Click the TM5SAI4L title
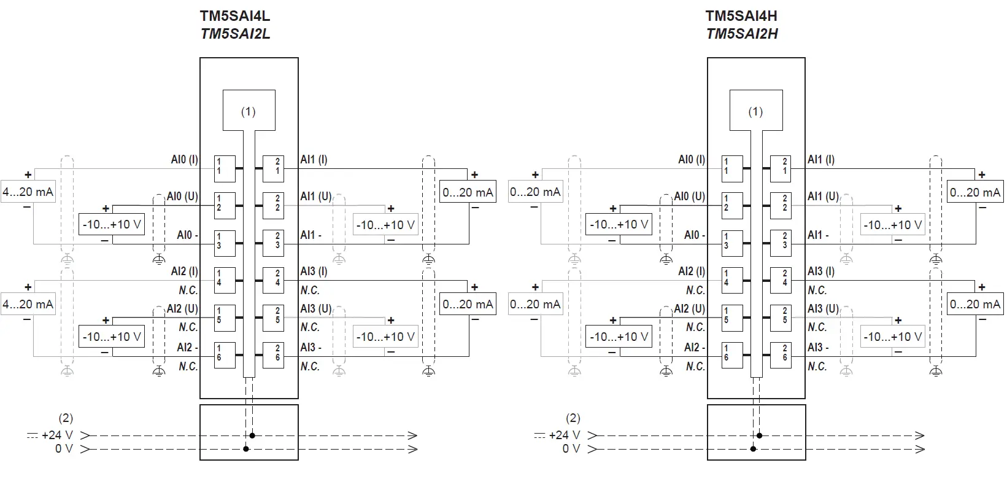pyautogui.click(x=235, y=16)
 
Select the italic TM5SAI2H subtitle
pyautogui.click(x=742, y=34)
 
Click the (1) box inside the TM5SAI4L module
pyautogui.click(x=248, y=111)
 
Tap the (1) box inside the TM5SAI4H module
pyautogui.click(x=755, y=111)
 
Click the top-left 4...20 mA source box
pyautogui.click(x=28, y=192)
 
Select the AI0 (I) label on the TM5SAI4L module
pyautogui.click(x=184, y=160)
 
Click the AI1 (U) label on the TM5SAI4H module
pyautogui.click(x=823, y=197)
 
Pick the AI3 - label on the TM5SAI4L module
pyautogui.click(x=311, y=348)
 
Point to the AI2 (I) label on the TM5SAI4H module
pyautogui.click(x=692, y=271)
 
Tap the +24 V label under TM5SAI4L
pyautogui.click(x=57, y=435)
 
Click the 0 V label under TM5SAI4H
pyautogui.click(x=571, y=449)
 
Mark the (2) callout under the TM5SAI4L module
pyautogui.click(x=66, y=418)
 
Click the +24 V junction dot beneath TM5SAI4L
pyautogui.click(x=252, y=435)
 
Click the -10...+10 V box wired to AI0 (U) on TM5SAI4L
pyautogui.click(x=112, y=225)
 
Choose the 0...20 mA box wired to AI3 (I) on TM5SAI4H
pyautogui.click(x=975, y=304)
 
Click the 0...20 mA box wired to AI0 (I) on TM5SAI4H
pyautogui.click(x=535, y=192)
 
